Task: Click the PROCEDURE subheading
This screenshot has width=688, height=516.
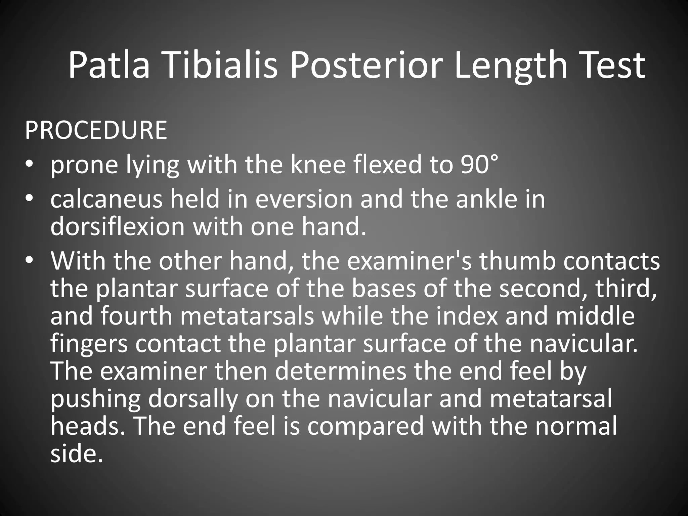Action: pos(96,130)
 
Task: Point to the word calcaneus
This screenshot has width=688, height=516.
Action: pos(106,199)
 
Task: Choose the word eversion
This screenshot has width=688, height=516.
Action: pos(304,199)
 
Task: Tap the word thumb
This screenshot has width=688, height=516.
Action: pos(517,261)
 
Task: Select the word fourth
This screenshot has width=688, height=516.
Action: pos(136,316)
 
